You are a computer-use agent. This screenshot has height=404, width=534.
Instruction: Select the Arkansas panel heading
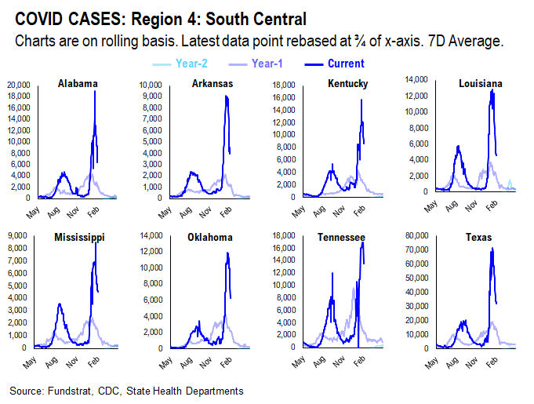205,84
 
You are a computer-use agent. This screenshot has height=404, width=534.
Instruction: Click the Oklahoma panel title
206,236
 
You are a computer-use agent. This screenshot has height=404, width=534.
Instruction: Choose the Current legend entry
346,64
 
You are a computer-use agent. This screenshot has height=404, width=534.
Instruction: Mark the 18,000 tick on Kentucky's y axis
283,84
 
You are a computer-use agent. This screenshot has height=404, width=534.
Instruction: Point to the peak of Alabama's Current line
95,91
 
